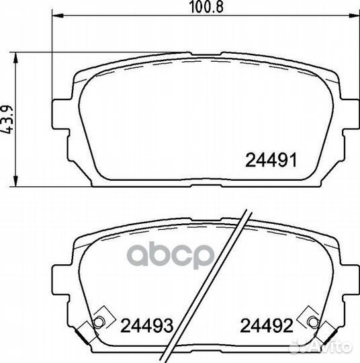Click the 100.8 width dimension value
click(x=206, y=7)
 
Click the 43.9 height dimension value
click(x=7, y=120)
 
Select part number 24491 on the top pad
click(x=271, y=161)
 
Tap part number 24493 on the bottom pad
click(x=147, y=325)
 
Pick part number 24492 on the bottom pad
click(x=267, y=325)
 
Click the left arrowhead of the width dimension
click(x=58, y=15)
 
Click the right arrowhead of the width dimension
click(x=354, y=15)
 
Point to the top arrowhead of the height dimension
click(x=15, y=58)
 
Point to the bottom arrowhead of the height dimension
click(x=15, y=181)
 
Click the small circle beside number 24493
click(x=99, y=322)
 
